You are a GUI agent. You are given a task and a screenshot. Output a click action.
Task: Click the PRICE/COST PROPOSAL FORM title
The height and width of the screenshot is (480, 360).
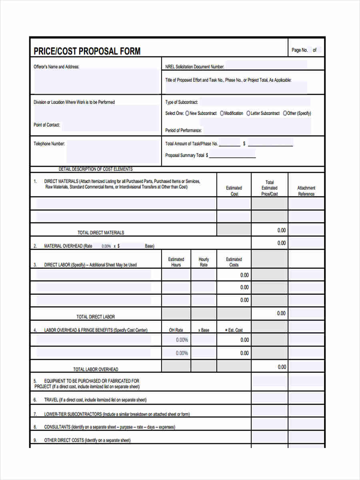[x=87, y=51]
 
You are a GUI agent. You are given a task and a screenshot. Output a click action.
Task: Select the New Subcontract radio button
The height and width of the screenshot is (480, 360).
[x=187, y=113]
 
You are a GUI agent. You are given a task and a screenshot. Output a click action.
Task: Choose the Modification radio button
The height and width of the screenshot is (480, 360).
[x=222, y=113]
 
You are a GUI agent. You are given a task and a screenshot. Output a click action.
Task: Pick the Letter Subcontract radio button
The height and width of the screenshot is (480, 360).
[x=248, y=113]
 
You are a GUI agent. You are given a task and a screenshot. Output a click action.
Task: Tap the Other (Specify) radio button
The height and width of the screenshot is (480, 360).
[x=285, y=113]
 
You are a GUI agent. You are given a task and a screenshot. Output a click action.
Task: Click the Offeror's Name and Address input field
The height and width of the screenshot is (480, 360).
[x=96, y=82]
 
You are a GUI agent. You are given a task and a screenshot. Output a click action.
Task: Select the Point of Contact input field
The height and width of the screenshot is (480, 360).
[x=110, y=125]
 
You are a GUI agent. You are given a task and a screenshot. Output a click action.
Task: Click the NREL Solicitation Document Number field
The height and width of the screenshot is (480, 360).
[x=266, y=66]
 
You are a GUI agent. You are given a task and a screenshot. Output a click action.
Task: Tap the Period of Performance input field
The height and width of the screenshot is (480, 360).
[x=256, y=130]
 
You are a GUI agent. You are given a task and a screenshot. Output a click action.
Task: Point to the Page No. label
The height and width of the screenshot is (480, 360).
[x=300, y=50]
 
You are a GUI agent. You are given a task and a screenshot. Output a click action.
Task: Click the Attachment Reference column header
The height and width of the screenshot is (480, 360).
[x=306, y=191]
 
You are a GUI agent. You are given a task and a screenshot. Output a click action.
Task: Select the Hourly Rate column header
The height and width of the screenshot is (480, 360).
[x=204, y=262]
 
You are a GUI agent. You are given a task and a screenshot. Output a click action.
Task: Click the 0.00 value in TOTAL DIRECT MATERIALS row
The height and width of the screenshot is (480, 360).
[x=282, y=230]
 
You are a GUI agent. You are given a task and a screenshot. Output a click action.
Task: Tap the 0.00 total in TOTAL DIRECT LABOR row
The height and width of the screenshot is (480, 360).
[x=282, y=313]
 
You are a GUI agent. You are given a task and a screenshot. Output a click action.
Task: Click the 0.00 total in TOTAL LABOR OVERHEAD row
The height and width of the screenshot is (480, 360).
[x=282, y=367]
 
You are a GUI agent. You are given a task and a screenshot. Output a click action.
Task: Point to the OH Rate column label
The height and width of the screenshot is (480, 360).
[x=176, y=330]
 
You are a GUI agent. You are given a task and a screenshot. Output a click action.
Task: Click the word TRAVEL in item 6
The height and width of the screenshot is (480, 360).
[x=51, y=400]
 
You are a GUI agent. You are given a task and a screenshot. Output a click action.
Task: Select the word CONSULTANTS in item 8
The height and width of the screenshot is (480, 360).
[x=57, y=427]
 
